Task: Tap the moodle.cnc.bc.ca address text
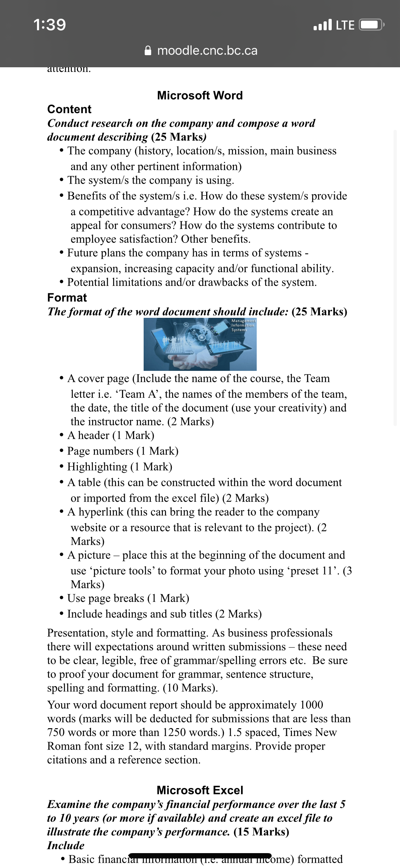pos(207,51)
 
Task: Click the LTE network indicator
pos(345,25)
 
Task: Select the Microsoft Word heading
pos(200,95)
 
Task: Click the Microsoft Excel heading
pos(200,790)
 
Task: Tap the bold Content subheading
pos(69,109)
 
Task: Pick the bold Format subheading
pos(67,298)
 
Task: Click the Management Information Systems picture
pos(200,344)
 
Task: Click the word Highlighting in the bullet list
pos(97,467)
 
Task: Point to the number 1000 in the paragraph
pos(311,705)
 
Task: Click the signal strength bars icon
pos(322,25)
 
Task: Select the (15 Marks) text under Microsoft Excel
pos(261,832)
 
